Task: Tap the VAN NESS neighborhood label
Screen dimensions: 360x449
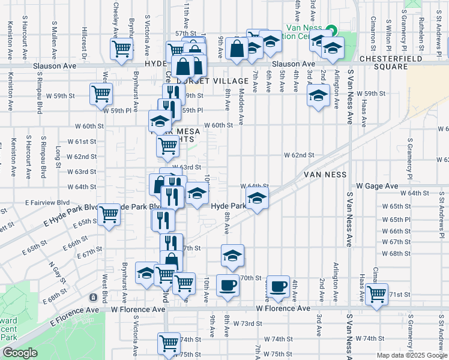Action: coord(326,174)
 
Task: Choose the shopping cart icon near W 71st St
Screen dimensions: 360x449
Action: coord(376,295)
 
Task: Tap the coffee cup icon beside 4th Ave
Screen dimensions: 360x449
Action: coord(277,287)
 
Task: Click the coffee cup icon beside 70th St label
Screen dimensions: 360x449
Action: coord(227,285)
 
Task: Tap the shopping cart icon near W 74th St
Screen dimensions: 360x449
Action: coord(169,343)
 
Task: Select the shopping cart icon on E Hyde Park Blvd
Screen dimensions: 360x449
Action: coord(109,213)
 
